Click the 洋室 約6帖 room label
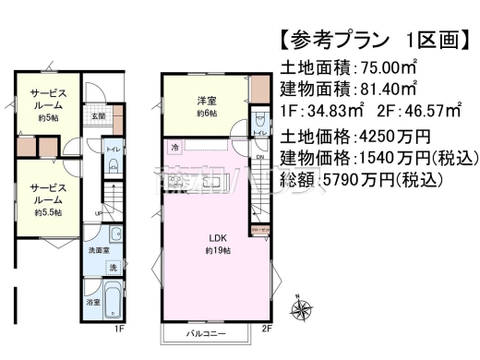click(206, 106)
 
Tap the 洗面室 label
click(99, 250)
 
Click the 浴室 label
click(92, 302)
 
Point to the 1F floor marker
click(119, 328)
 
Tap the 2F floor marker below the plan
click(266, 328)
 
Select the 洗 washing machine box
click(113, 267)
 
